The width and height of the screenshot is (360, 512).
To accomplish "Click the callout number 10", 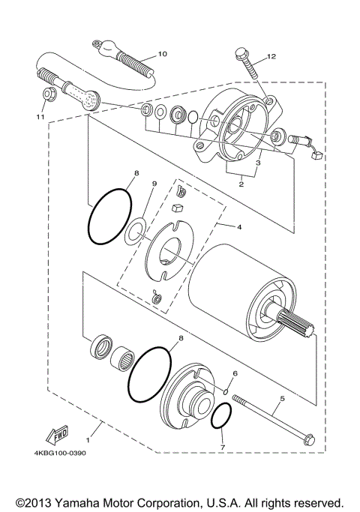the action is [x=162, y=53].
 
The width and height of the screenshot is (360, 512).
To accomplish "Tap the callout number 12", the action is [x=271, y=56].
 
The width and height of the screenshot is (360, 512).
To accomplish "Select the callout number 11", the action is [x=40, y=117].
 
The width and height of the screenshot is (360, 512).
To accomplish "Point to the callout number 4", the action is [x=239, y=227].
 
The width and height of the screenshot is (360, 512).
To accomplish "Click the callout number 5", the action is [x=282, y=398].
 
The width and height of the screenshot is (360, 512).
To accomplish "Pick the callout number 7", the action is [x=235, y=373].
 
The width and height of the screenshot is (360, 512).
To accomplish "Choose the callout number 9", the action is [x=223, y=448].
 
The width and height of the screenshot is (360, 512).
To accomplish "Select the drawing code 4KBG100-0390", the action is [x=60, y=454].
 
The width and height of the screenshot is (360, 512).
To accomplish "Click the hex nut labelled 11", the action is [x=50, y=94].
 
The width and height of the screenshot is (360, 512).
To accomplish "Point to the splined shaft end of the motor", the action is [x=295, y=323].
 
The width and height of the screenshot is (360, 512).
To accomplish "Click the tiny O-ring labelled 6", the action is [x=226, y=391].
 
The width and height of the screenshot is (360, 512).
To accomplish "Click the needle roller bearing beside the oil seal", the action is [x=121, y=358].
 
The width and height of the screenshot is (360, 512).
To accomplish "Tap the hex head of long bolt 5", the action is [x=308, y=440].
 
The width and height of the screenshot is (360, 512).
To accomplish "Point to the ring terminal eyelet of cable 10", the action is [x=96, y=43].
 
